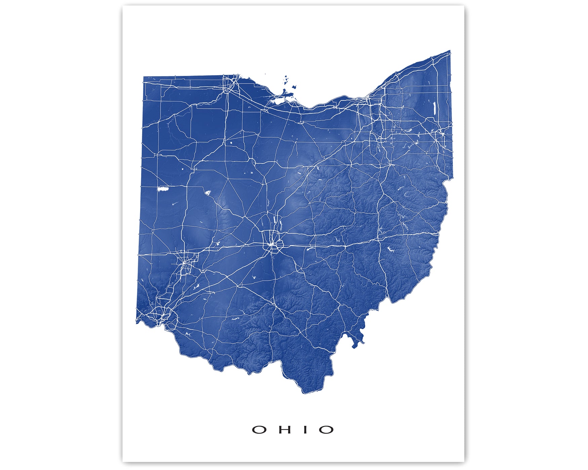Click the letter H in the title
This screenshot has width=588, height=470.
point(283,430)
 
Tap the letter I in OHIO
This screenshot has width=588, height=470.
point(305,430)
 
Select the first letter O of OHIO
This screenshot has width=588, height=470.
point(259,430)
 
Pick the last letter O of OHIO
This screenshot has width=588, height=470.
point(326,430)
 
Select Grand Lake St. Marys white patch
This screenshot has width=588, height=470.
point(163,189)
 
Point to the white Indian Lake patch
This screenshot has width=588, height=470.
point(207,193)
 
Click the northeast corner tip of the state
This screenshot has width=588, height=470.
point(450,51)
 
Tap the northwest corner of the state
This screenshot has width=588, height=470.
point(144,77)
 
